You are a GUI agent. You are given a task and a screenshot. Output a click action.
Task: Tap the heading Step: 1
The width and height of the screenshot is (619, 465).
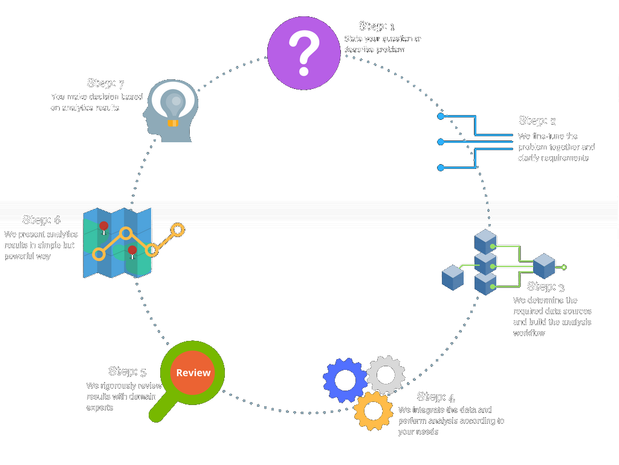pyautogui.click(x=376, y=26)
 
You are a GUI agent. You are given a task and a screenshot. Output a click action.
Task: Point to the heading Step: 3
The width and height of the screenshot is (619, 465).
pyautogui.click(x=545, y=286)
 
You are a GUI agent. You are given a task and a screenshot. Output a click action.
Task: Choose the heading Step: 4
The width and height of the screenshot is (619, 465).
pyautogui.click(x=436, y=397)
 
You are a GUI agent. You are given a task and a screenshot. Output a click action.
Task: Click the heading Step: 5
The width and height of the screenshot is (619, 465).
pyautogui.click(x=127, y=371)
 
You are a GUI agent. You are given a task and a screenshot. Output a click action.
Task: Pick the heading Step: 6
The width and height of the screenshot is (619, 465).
pyautogui.click(x=41, y=220)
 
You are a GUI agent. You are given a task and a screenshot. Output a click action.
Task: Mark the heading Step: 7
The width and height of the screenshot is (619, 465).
pyautogui.click(x=105, y=83)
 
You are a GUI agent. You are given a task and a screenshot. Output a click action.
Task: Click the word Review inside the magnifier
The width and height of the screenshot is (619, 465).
pyautogui.click(x=193, y=373)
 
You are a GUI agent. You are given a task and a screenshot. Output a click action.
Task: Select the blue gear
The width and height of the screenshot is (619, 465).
pyautogui.click(x=345, y=380)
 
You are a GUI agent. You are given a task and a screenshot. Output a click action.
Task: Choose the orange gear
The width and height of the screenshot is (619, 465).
pyautogui.click(x=373, y=411)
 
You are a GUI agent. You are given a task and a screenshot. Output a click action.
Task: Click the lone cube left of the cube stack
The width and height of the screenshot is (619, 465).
pyautogui.click(x=453, y=277)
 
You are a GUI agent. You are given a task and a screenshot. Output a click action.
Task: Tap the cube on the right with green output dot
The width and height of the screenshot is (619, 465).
pyautogui.click(x=544, y=266)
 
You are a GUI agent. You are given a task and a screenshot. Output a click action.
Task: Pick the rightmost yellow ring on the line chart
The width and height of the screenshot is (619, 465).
pyautogui.click(x=178, y=230)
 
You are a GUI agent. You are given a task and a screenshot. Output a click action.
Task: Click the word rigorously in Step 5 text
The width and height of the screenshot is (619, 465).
pyautogui.click(x=128, y=386)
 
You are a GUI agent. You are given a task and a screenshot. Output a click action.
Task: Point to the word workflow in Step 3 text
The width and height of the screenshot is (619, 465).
pyautogui.click(x=530, y=333)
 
